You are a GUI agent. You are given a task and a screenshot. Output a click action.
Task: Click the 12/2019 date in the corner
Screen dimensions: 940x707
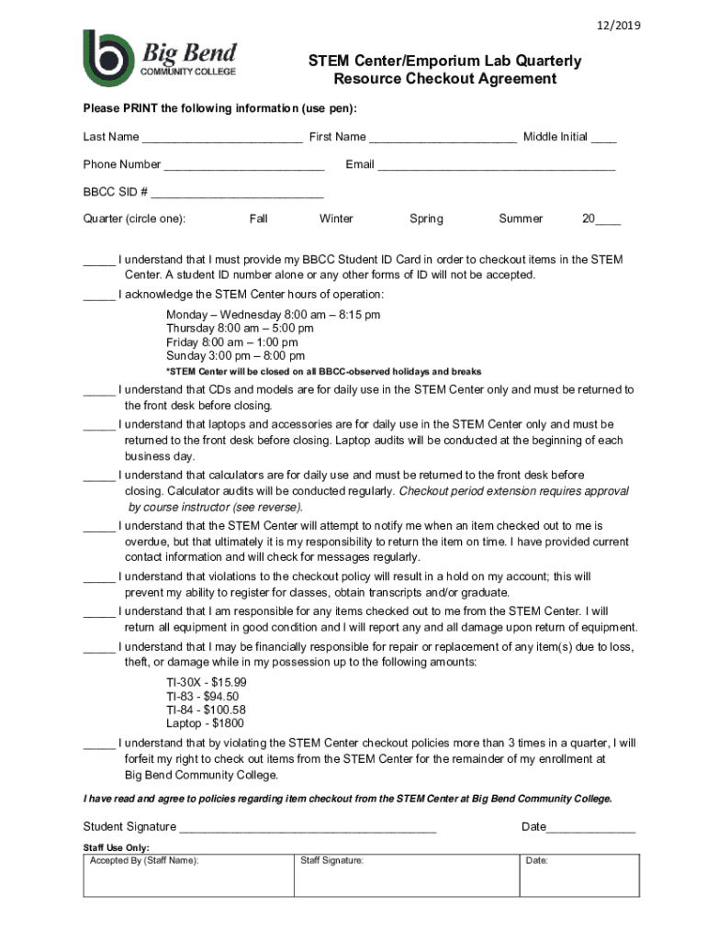click(618, 26)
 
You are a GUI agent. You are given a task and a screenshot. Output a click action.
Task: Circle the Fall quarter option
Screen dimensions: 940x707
click(259, 218)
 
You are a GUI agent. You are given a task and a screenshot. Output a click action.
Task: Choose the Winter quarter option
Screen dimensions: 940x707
click(336, 218)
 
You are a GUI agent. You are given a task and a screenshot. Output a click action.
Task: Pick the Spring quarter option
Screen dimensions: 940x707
click(426, 218)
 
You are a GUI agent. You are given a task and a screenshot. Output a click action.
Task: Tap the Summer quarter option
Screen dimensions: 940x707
click(521, 218)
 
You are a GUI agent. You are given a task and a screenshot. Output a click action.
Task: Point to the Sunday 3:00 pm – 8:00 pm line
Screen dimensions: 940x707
click(235, 356)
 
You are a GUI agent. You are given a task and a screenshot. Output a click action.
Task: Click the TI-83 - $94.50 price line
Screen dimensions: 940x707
click(202, 697)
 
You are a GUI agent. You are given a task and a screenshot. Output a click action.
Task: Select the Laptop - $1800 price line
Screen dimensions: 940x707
click(207, 724)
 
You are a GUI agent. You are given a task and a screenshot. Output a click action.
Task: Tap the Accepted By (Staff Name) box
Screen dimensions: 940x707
click(188, 877)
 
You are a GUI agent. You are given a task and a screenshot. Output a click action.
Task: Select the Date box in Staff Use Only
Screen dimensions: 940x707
click(579, 877)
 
